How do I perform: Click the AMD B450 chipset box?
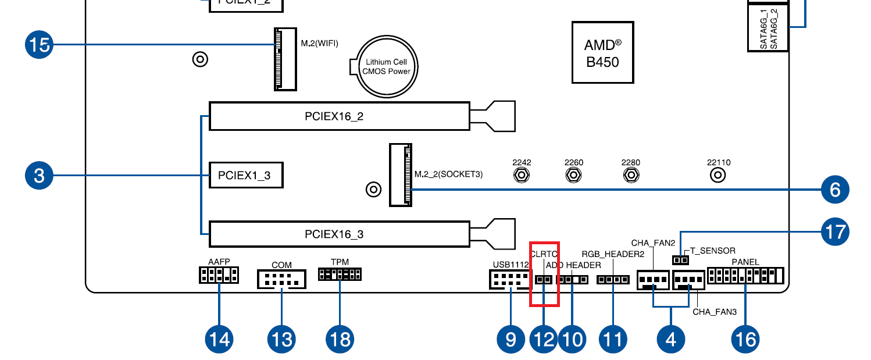(x=602, y=52)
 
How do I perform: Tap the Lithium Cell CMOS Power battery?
(x=387, y=66)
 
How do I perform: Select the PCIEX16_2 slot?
(x=339, y=116)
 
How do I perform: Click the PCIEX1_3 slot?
(x=245, y=175)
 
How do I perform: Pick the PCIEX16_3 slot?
(x=339, y=234)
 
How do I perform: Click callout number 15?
(x=39, y=45)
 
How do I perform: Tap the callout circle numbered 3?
(x=39, y=175)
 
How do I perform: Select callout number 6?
(x=834, y=190)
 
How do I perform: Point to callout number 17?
(x=834, y=231)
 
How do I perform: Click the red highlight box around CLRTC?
(x=544, y=273)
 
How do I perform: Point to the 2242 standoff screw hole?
(x=522, y=174)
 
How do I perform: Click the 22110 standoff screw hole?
(x=719, y=174)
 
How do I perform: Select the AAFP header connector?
(x=219, y=275)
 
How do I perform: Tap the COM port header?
(x=281, y=280)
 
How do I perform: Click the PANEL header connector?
(x=745, y=275)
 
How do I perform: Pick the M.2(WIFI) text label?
(x=319, y=43)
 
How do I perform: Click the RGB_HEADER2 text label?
(x=613, y=254)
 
